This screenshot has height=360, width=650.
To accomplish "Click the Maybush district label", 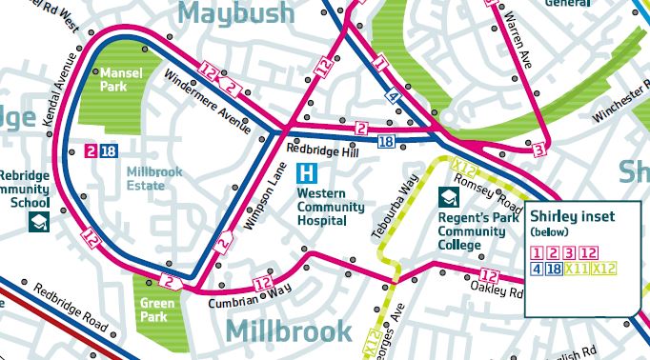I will tap(233, 14).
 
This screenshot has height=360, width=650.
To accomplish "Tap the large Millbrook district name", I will tap(290, 331).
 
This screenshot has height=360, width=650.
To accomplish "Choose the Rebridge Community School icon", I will tap(39, 223).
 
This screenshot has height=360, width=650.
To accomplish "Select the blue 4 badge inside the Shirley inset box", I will tap(538, 269).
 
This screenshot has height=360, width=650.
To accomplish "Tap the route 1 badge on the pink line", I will tap(380, 66).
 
